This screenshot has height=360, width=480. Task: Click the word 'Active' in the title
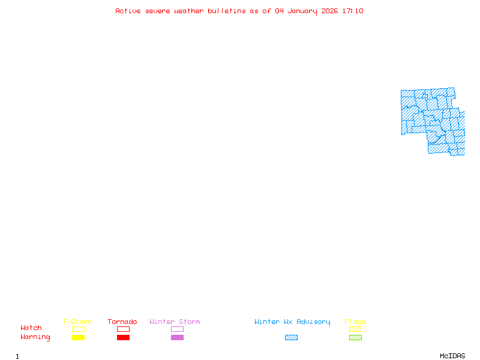(x=128, y=11)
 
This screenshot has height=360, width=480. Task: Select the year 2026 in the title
(x=329, y=11)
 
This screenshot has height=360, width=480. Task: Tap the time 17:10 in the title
(x=353, y=11)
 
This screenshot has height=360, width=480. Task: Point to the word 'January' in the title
(x=302, y=11)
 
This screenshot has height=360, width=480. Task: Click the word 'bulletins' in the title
(x=227, y=11)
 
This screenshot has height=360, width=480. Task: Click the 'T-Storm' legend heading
(x=77, y=322)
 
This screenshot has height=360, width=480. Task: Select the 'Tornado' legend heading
(x=122, y=322)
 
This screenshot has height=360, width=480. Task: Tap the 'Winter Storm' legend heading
(x=175, y=322)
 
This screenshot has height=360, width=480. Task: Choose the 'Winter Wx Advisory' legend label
(x=292, y=322)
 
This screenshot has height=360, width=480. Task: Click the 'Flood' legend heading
(x=355, y=322)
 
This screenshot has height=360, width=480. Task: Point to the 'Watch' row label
(x=31, y=328)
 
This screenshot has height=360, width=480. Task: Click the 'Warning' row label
(x=35, y=337)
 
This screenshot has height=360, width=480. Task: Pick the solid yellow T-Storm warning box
(x=79, y=337)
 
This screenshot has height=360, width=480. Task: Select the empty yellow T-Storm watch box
(x=79, y=329)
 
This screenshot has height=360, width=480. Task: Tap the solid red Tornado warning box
(x=124, y=337)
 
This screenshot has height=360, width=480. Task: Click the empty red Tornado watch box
(x=124, y=329)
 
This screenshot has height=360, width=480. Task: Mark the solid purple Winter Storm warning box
(x=177, y=337)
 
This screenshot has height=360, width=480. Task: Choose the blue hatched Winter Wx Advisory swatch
(x=291, y=337)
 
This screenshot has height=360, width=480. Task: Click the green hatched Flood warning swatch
(x=355, y=337)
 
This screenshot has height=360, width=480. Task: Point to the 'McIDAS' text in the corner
(x=452, y=356)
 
